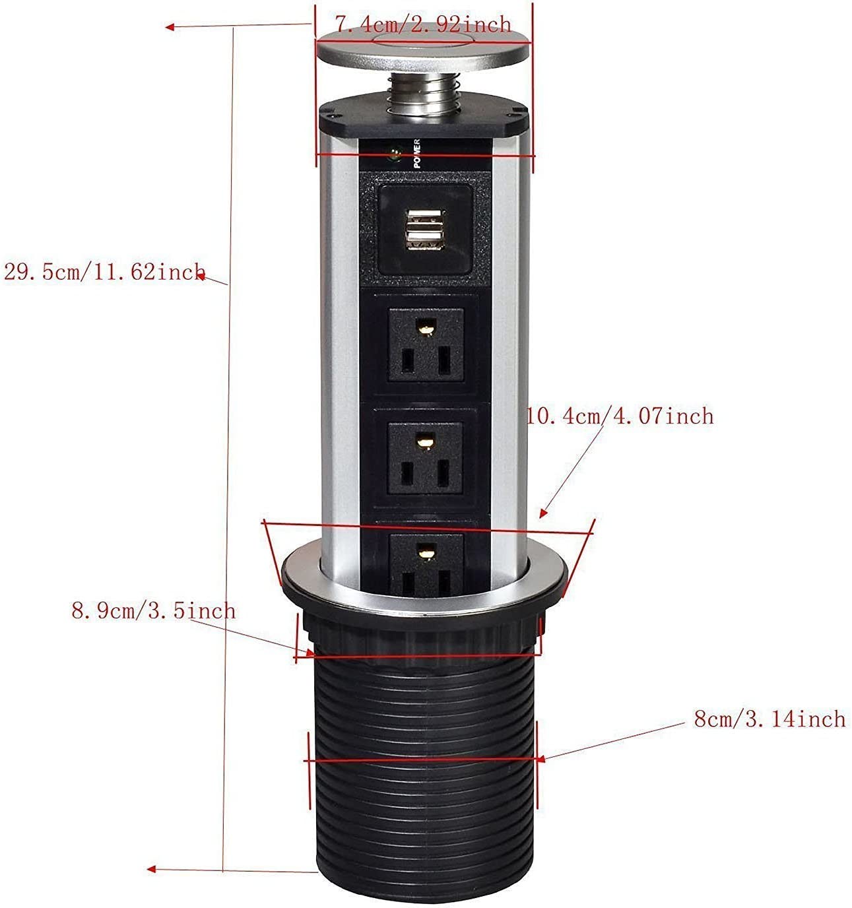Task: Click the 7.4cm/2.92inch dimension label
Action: click(422, 25)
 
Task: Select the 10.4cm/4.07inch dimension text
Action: click(620, 416)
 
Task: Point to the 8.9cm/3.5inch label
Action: click(153, 610)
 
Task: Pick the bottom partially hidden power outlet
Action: click(426, 561)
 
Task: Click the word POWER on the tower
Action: click(418, 153)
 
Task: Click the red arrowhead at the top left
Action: click(170, 27)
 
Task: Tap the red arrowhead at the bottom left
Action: click(151, 869)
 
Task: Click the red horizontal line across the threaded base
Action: click(422, 760)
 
